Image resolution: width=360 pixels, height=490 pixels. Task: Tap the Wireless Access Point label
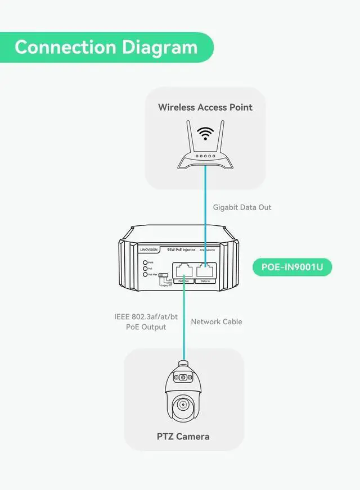pos(205,107)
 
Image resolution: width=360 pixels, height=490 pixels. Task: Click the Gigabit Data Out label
pos(242,207)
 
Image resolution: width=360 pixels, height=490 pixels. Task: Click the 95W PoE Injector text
pos(181,248)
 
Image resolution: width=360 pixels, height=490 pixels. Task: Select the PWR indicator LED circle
pos(145,262)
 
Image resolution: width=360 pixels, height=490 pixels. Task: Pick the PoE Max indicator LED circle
pos(145,274)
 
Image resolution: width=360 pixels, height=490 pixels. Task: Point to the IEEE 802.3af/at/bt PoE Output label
pos(146,322)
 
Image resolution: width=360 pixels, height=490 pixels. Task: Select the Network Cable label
pos(217,321)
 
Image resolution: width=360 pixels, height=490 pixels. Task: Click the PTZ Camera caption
pos(183,436)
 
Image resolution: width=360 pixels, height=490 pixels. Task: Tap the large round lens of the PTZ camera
pos(182,404)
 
